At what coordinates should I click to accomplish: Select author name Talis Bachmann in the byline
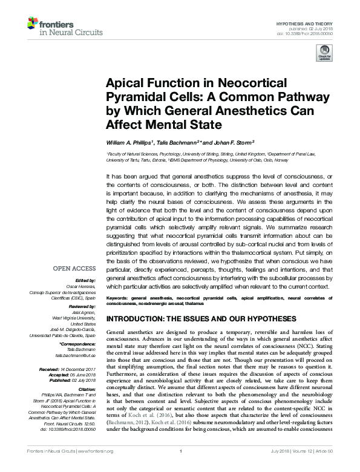pyautogui.click(x=183, y=142)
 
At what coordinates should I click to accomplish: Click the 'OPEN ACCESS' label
pyautogui.click(x=74, y=267)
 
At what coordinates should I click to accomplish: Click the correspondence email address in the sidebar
pyautogui.click(x=79, y=355)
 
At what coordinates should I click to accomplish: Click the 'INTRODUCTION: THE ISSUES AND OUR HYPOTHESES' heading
pyautogui.click(x=201, y=319)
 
